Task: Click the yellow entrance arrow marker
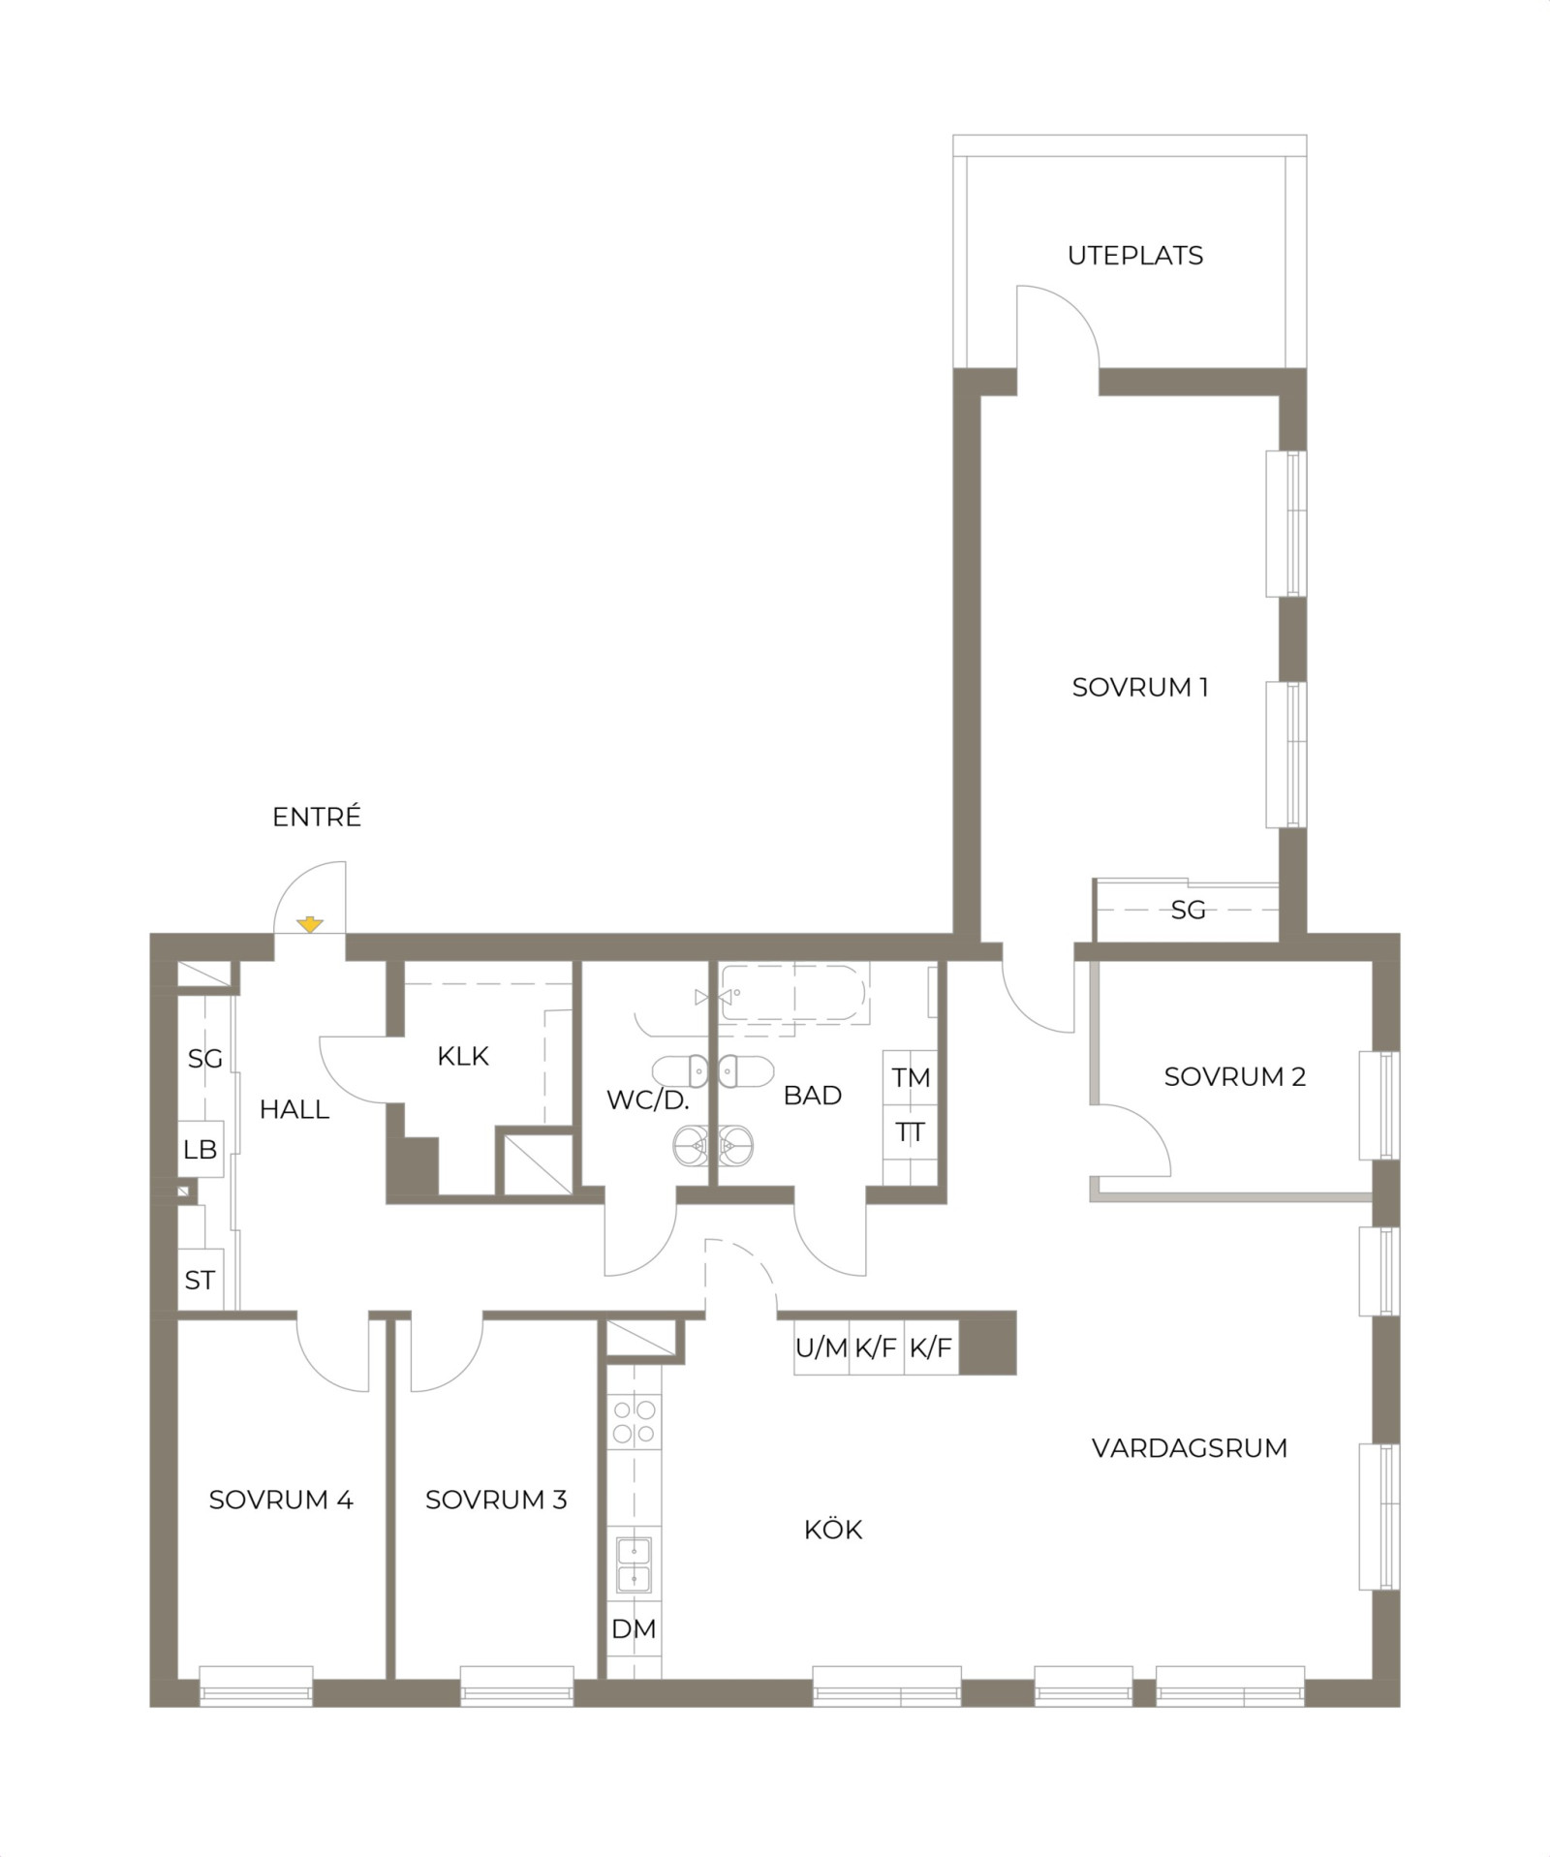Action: pos(310,925)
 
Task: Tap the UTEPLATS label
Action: pos(1135,256)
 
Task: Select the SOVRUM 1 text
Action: pos(1140,688)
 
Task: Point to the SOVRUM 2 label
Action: pos(1235,1076)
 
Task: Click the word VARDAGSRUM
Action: pos(1190,1448)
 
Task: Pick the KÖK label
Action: pos(833,1530)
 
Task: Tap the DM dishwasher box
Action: pos(635,1628)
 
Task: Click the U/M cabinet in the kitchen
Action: pos(821,1347)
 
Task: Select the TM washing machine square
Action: pos(911,1077)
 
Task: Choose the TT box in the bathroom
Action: pos(911,1131)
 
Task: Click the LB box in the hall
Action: pos(201,1149)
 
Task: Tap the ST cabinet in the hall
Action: pos(200,1280)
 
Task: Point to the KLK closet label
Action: pos(463,1056)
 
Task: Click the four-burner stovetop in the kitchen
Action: pos(635,1421)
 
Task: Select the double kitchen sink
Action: pos(635,1565)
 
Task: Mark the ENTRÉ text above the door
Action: pos(317,817)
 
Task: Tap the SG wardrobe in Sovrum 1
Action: pos(1187,910)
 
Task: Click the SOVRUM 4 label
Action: pos(281,1500)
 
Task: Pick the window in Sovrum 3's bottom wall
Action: pos(516,1685)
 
